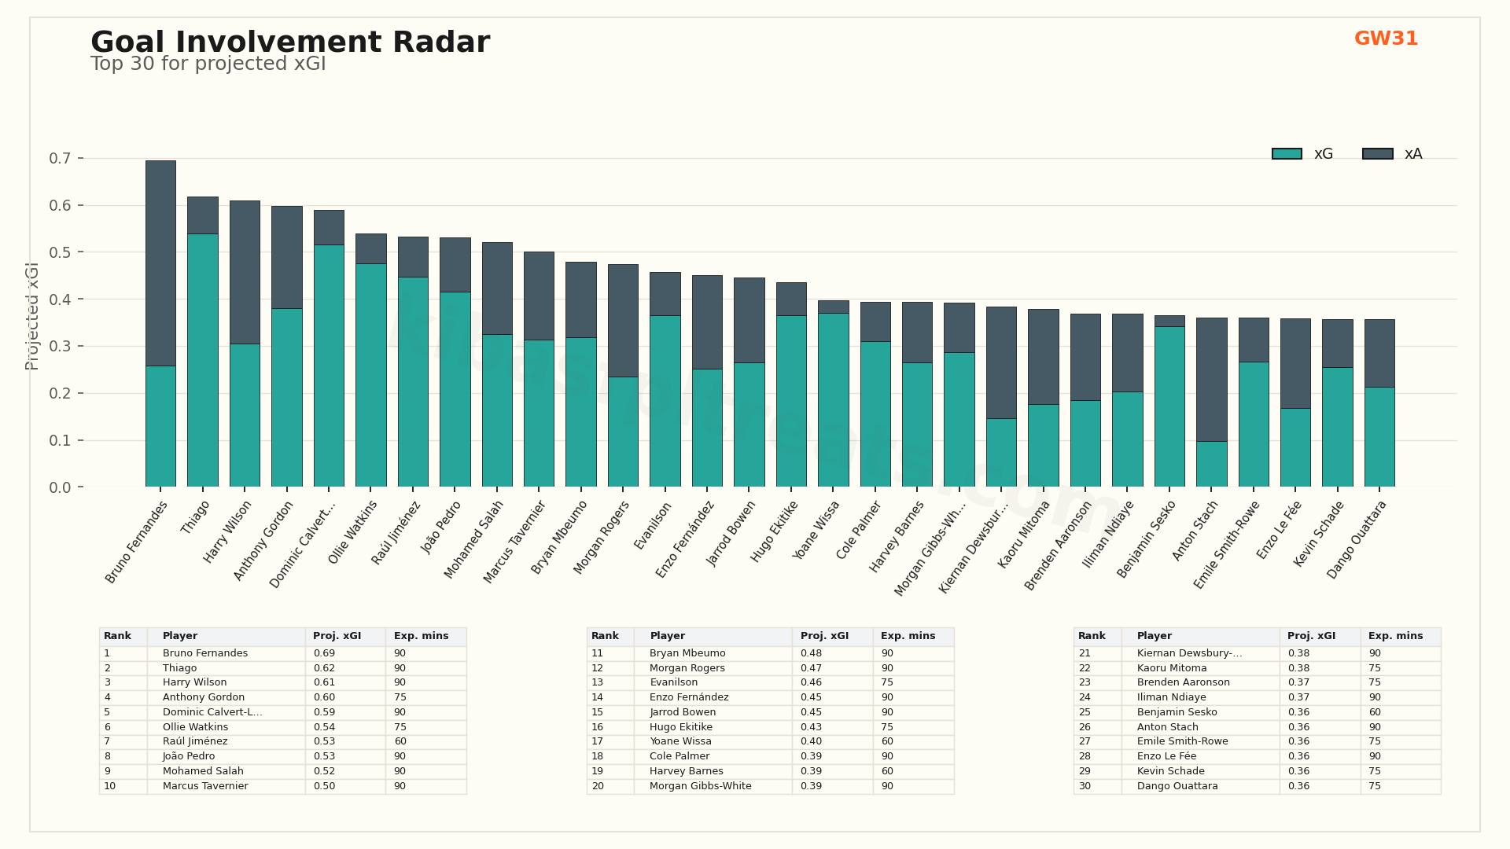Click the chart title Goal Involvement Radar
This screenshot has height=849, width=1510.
point(289,42)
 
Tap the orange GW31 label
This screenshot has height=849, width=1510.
point(1386,39)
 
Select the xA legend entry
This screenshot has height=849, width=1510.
point(1393,154)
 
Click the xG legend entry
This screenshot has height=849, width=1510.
point(1302,154)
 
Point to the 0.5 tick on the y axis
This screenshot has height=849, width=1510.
point(60,252)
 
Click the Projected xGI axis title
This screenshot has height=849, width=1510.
point(32,316)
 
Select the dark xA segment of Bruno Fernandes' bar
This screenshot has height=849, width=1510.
point(160,263)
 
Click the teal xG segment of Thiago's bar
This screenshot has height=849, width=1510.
point(202,360)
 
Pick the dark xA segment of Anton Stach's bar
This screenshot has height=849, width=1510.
point(1211,380)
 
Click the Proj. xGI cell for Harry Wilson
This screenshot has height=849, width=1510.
point(324,682)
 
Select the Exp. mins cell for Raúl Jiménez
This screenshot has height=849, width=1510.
point(400,741)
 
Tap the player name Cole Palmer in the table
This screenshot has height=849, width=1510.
point(679,756)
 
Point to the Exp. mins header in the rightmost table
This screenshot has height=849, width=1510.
point(1395,636)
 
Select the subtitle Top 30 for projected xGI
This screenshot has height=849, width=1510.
point(208,64)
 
